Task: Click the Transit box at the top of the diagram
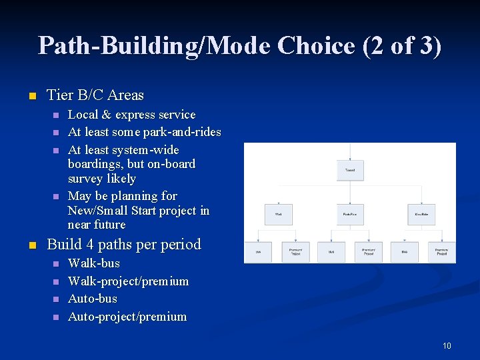pyautogui.click(x=350, y=170)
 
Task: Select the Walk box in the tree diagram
pyautogui.click(x=278, y=214)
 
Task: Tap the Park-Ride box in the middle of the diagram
pyautogui.click(x=350, y=214)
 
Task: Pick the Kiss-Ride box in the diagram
pyautogui.click(x=421, y=214)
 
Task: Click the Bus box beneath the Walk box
pyautogui.click(x=259, y=252)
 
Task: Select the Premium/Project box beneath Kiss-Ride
pyautogui.click(x=441, y=252)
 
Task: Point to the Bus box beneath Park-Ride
pyautogui.click(x=331, y=252)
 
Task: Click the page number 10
pyautogui.click(x=446, y=345)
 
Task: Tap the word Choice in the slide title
pyautogui.click(x=311, y=45)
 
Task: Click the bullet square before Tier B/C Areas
pyautogui.click(x=31, y=96)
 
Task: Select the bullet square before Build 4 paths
pyautogui.click(x=31, y=245)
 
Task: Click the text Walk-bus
pyautogui.click(x=94, y=263)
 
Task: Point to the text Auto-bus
pyautogui.click(x=93, y=299)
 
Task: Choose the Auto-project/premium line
pyautogui.click(x=127, y=317)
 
